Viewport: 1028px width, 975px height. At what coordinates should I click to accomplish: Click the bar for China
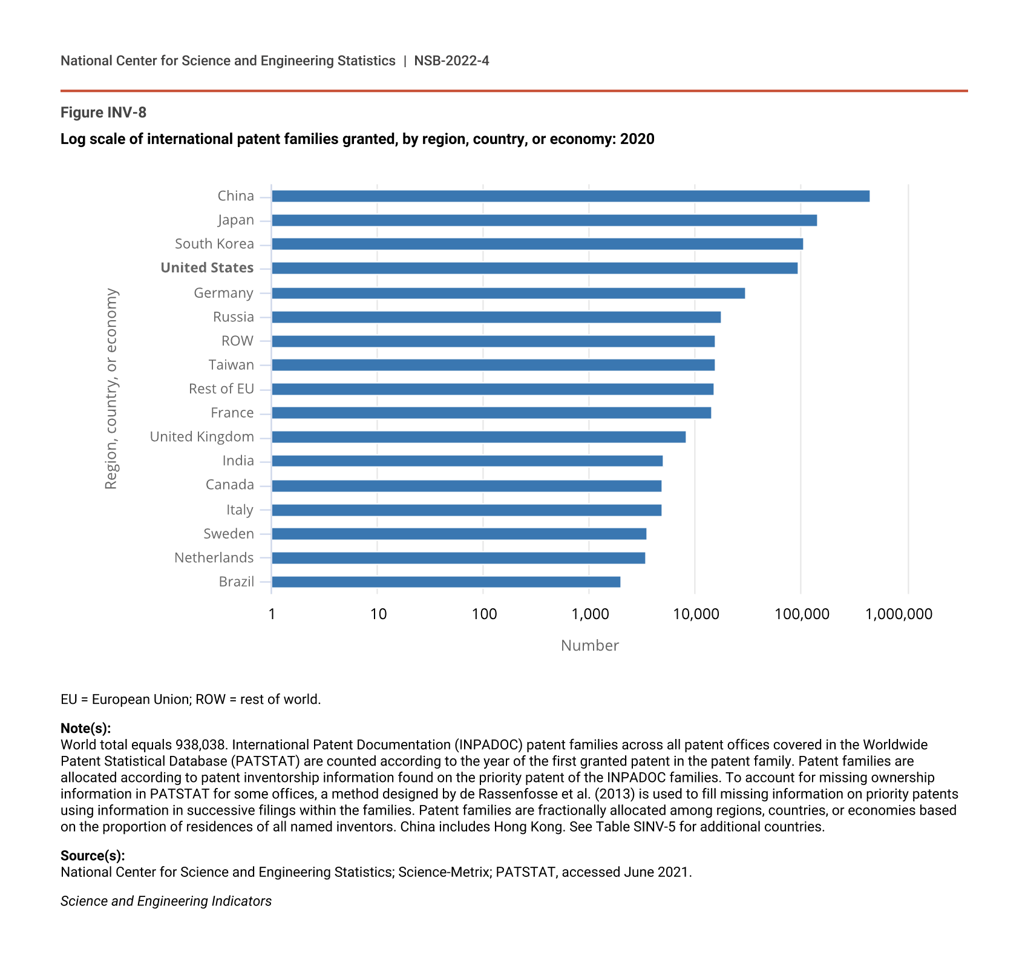(570, 196)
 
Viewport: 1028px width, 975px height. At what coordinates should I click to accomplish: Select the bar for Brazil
(446, 582)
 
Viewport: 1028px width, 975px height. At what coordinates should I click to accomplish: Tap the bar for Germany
(508, 294)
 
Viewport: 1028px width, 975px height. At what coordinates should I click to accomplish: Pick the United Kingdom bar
(479, 437)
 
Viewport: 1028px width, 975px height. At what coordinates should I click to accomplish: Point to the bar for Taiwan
(493, 365)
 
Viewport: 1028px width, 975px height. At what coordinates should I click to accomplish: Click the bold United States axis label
(207, 268)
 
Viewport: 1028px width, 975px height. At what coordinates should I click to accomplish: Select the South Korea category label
(214, 244)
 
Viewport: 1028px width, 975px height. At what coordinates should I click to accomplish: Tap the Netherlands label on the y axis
(214, 558)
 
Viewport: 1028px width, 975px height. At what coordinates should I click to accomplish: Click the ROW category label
(237, 341)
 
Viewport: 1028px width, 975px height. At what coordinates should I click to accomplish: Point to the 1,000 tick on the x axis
(590, 614)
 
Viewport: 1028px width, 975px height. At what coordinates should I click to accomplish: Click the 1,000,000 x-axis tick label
(899, 614)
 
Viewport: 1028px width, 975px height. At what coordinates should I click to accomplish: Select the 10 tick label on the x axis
(378, 614)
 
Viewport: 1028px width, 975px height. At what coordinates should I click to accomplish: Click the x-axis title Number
(589, 646)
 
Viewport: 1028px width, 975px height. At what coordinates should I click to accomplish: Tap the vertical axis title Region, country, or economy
(111, 389)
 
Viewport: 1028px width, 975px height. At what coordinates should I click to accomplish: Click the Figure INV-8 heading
(103, 113)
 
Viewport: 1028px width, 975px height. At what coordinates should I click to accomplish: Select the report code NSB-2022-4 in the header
(451, 61)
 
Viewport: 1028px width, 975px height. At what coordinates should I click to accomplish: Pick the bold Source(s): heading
(93, 856)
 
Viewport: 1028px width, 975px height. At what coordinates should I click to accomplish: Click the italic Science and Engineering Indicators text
(166, 901)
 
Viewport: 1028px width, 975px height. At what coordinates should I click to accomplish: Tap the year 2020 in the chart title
(637, 139)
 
